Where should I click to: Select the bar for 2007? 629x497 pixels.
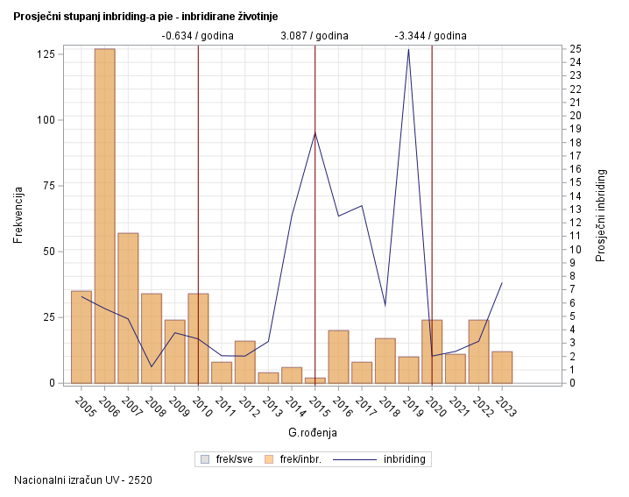[x=128, y=308]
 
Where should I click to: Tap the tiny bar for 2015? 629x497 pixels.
[x=315, y=380]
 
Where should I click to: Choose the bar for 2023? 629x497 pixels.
[x=502, y=367]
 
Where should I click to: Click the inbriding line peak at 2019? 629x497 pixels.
[x=408, y=49]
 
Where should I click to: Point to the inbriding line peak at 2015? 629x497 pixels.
[x=315, y=132]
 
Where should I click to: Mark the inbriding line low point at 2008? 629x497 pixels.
[x=152, y=366]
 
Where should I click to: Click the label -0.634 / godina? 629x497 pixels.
[x=197, y=36]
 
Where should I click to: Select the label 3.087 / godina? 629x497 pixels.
[x=314, y=36]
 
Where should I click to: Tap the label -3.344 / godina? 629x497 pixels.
[x=431, y=36]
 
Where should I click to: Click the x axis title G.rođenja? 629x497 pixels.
[x=313, y=433]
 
